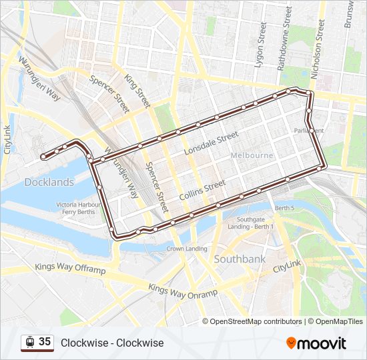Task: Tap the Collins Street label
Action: [x=203, y=191]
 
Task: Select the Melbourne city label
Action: [x=252, y=155]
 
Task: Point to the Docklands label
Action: [x=49, y=182]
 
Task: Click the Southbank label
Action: [x=240, y=259]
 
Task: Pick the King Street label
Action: [x=137, y=91]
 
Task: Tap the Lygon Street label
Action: [x=260, y=44]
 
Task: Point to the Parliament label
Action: [x=308, y=131]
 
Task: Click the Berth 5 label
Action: [x=284, y=208]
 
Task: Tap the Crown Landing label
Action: [x=187, y=249]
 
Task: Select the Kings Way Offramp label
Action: [x=70, y=269]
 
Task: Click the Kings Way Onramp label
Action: [x=183, y=291]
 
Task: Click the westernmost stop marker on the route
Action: [x=43, y=157]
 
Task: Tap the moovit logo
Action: [x=316, y=343]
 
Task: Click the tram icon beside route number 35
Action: [x=29, y=342]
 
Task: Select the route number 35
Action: [x=45, y=342]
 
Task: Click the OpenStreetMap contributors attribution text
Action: [x=256, y=321]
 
